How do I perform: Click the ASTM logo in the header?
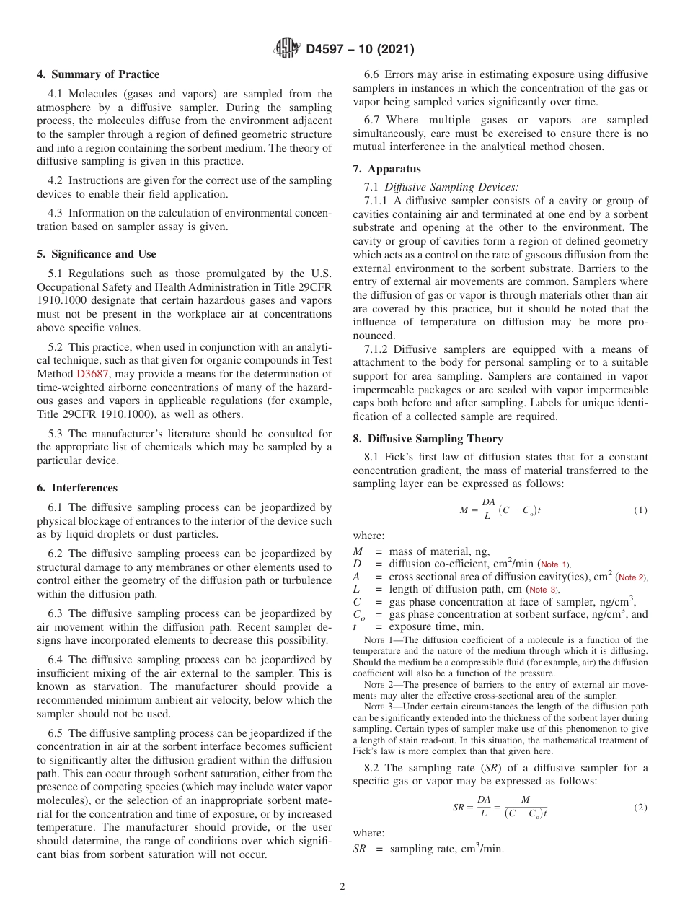click(286, 50)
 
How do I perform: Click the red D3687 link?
click(90, 374)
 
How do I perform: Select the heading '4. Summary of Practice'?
click(98, 74)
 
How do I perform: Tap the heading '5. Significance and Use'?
click(96, 254)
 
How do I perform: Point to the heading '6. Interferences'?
click(76, 488)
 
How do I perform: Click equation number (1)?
click(640, 510)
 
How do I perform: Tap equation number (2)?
click(640, 808)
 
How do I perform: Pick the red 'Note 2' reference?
click(632, 577)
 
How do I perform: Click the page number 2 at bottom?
click(342, 887)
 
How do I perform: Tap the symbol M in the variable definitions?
click(358, 551)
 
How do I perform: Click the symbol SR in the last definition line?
click(360, 849)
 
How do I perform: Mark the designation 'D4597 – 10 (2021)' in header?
click(360, 50)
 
